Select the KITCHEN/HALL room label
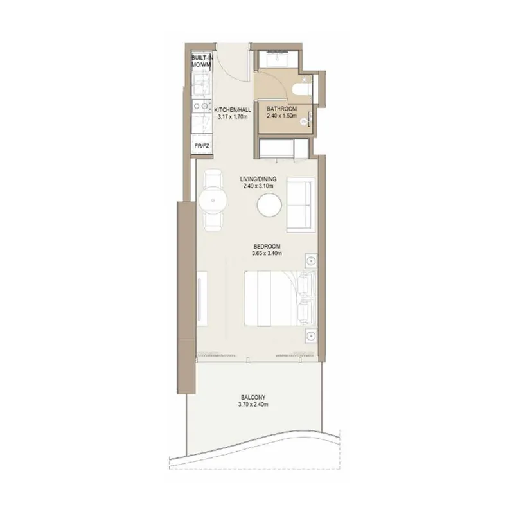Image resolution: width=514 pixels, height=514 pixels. [x=231, y=109]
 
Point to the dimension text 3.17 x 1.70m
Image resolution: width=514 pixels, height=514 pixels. [x=231, y=118]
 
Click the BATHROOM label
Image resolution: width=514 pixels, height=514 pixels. [x=281, y=109]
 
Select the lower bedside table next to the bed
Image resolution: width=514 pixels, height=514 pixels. [x=311, y=335]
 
